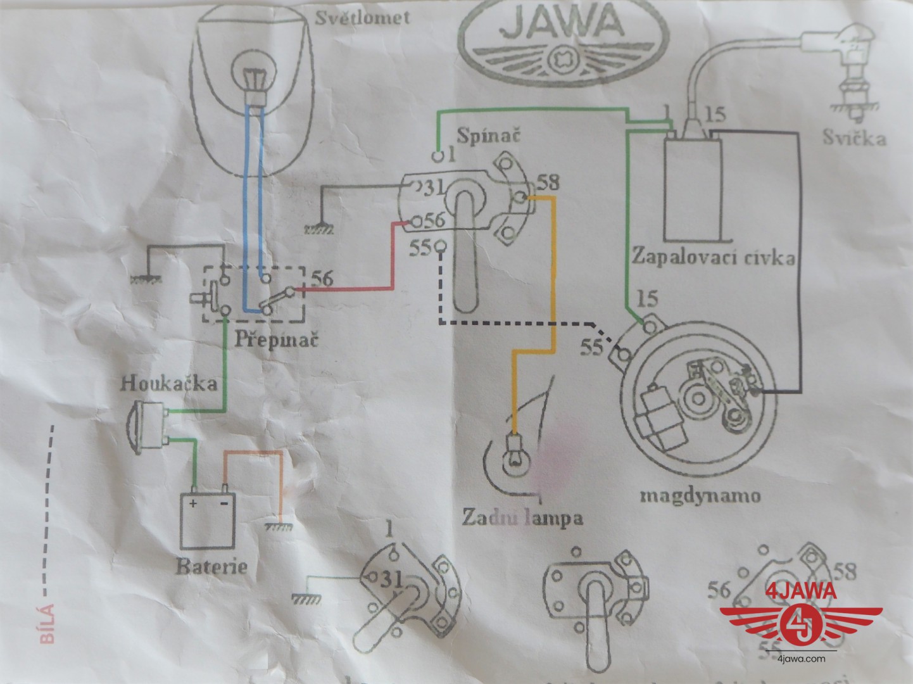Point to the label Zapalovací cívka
click(712, 258)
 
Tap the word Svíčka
click(854, 137)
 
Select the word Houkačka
click(170, 383)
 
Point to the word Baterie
click(211, 565)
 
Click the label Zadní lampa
click(522, 517)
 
